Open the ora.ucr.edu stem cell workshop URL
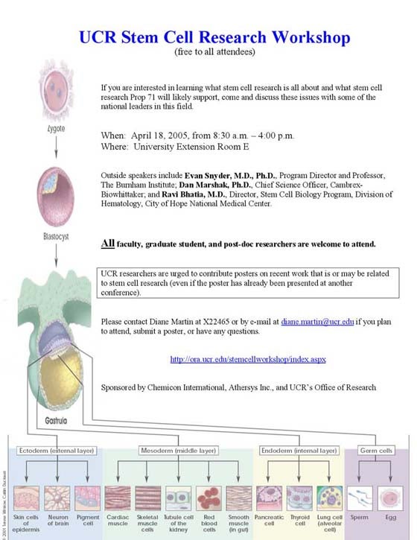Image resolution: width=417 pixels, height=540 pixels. click(x=248, y=359)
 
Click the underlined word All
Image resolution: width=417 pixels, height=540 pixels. click(x=108, y=244)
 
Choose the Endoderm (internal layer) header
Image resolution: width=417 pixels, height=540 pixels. click(x=295, y=451)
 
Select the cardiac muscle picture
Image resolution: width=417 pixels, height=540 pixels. click(x=118, y=497)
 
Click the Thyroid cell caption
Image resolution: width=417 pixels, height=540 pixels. click(x=299, y=518)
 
